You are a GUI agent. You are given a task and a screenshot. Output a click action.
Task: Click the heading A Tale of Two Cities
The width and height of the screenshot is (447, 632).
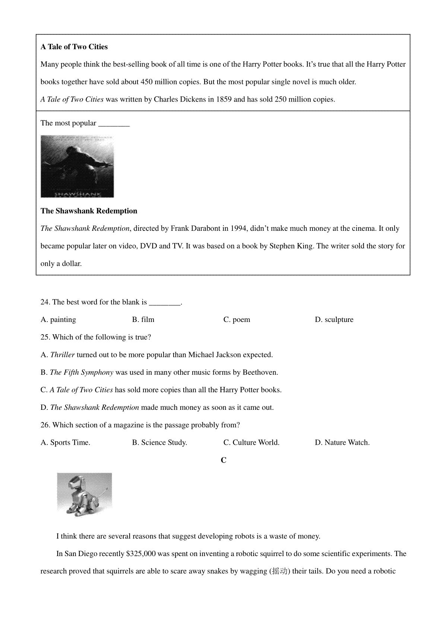point(74,47)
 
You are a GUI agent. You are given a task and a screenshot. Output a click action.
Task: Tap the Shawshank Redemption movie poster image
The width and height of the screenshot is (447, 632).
point(77,166)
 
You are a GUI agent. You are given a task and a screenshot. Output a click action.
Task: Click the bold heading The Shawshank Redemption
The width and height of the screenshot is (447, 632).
point(89,211)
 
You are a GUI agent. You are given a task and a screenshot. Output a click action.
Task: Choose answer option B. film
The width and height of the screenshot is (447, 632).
point(143,320)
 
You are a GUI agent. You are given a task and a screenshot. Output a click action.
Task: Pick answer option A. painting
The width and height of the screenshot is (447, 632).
point(58,320)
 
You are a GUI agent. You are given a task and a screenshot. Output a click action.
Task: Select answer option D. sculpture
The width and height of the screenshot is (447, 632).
point(334,320)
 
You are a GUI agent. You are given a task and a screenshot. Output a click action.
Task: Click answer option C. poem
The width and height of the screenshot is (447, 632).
point(237,320)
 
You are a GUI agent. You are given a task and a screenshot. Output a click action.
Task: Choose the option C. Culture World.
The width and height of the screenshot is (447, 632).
point(251,443)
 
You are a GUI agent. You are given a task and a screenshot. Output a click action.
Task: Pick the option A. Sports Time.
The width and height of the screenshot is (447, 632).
point(66,443)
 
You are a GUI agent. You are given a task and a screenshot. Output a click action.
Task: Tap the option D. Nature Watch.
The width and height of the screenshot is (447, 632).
point(342,443)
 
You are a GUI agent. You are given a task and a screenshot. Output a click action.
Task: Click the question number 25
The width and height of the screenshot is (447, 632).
point(45,337)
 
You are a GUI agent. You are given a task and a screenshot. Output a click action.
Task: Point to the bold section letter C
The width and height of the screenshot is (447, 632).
point(223,460)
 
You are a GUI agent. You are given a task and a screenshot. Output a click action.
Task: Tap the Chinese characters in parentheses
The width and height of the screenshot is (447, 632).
point(279,571)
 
